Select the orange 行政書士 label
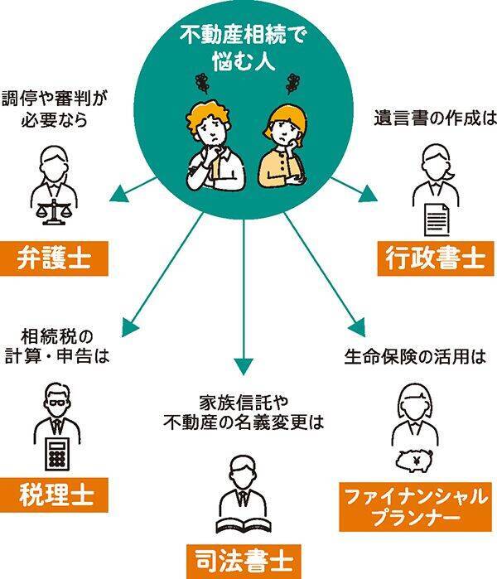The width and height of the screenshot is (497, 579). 434,258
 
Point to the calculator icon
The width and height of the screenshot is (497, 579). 56,451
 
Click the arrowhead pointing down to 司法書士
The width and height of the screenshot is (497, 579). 244,365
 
